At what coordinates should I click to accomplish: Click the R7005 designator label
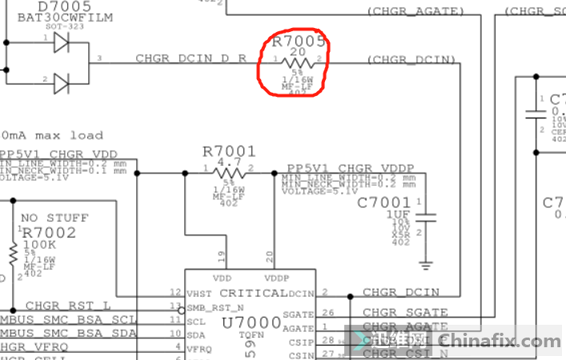299,41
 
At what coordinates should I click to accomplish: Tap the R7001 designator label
229,150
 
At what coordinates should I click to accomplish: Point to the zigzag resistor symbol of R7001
229,171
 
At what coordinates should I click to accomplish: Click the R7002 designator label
49,233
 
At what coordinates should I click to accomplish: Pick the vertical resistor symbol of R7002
13,254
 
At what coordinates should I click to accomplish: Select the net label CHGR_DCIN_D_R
191,58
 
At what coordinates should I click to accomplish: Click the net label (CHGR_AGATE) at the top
415,12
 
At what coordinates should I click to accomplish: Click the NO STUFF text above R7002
54,218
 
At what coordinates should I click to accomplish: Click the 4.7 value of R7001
229,162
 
